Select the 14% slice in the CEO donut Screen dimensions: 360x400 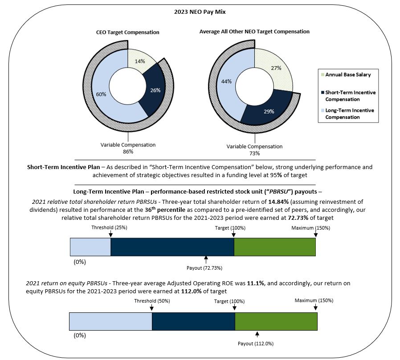[x=140, y=61]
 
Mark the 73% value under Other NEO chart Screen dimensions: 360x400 [x=254, y=154]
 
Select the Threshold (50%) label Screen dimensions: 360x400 [x=152, y=301]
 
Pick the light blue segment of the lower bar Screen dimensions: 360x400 [x=110, y=321]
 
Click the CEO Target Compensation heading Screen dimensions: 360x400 [x=127, y=32]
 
